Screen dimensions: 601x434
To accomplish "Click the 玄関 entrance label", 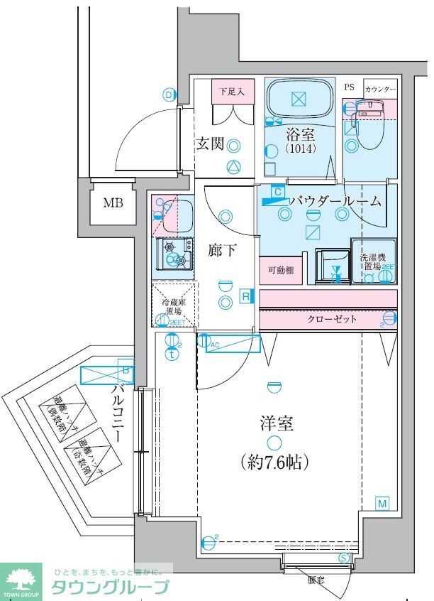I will click(211, 144).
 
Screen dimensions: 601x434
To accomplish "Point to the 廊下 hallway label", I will click(224, 250).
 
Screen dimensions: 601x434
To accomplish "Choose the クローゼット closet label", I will click(332, 319).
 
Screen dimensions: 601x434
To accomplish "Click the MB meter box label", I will click(113, 202).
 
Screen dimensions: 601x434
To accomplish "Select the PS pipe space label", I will click(349, 87).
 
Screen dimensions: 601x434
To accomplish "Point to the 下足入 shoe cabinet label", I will click(231, 91).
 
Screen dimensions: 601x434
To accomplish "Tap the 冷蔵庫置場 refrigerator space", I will click(174, 306).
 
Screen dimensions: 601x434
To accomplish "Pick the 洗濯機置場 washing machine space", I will click(372, 262).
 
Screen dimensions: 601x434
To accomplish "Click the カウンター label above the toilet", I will click(379, 89).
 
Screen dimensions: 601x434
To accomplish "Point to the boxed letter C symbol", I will click(278, 192).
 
